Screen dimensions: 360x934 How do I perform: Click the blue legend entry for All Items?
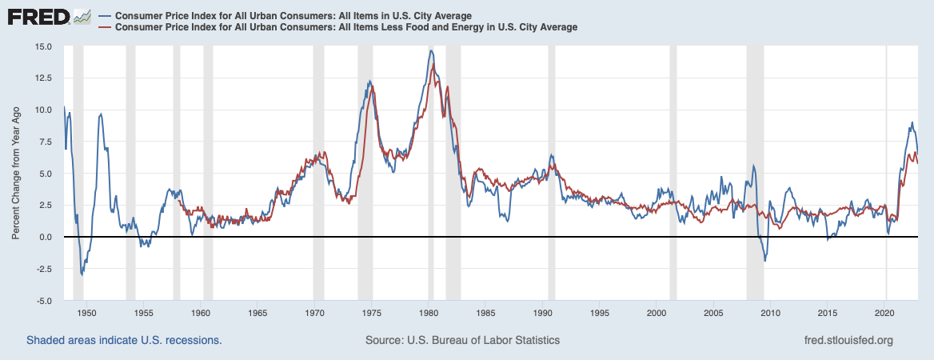[293, 16]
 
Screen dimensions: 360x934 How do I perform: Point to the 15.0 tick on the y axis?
[42, 46]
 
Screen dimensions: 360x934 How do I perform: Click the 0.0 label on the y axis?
[45, 238]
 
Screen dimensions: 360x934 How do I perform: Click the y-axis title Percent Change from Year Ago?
[16, 174]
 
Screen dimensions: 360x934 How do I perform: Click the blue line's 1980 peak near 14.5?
[431, 51]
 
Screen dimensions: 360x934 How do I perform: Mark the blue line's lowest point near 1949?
[82, 275]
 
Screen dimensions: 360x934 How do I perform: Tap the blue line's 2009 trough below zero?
[765, 261]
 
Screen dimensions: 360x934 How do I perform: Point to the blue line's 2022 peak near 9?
[912, 122]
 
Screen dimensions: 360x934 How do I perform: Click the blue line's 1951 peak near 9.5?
[101, 114]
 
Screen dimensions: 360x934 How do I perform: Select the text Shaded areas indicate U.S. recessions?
[124, 340]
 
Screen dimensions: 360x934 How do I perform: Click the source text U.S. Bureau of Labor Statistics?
[462, 340]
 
